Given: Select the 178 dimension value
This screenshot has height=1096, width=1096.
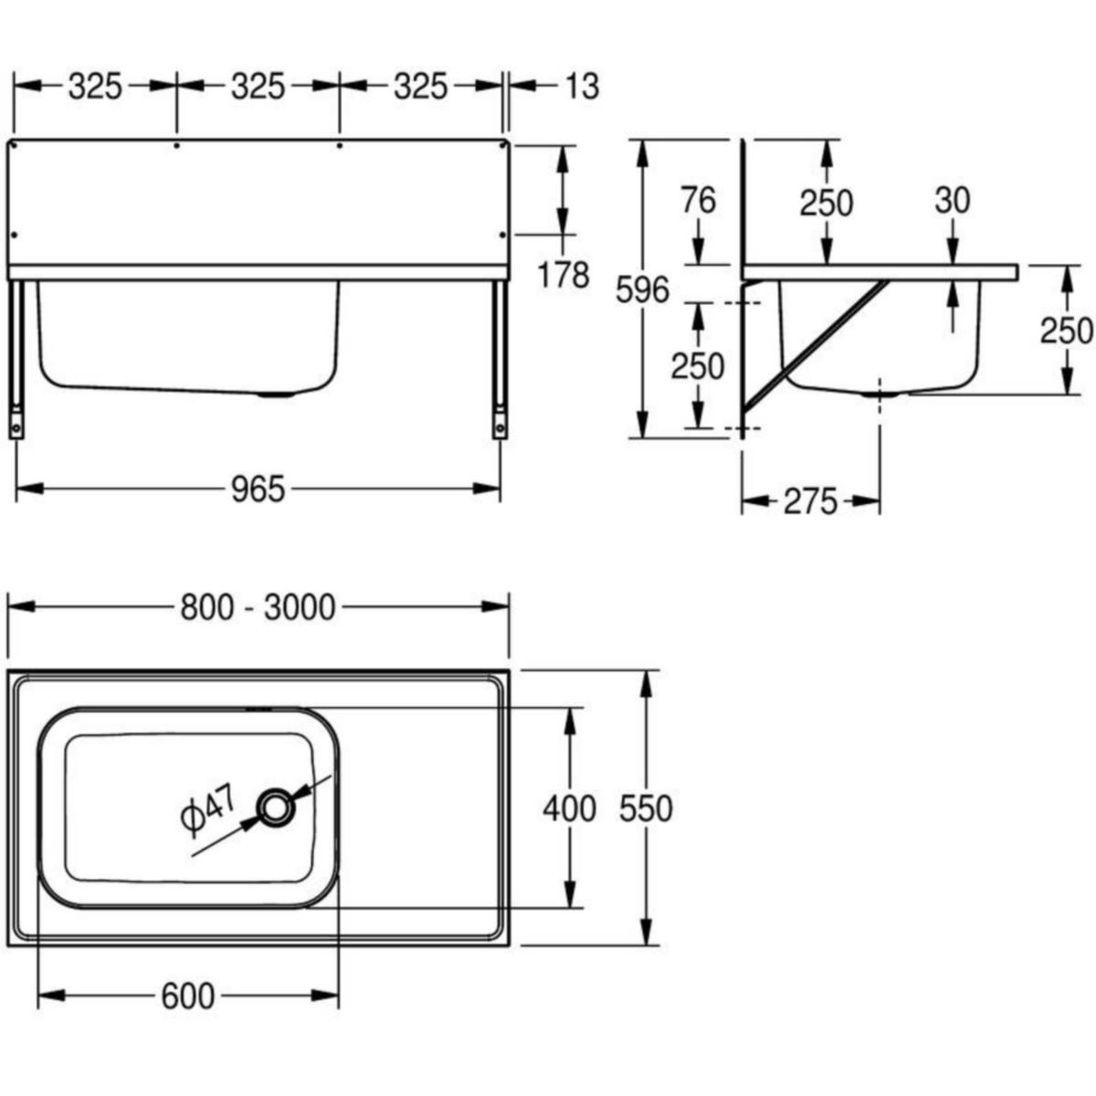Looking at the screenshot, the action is (x=564, y=275).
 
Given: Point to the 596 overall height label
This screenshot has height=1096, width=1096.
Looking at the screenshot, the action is (x=643, y=290).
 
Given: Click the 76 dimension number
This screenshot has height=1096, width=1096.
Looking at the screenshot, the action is (x=699, y=201).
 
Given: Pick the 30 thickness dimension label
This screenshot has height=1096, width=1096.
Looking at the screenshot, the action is (x=953, y=201).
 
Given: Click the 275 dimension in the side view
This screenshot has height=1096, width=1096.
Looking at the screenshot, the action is (x=810, y=501).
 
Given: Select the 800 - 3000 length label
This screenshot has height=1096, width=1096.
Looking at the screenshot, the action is (x=258, y=607).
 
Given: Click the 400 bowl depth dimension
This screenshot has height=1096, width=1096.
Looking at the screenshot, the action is (x=569, y=809).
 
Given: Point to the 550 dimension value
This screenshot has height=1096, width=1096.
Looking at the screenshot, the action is (x=646, y=809).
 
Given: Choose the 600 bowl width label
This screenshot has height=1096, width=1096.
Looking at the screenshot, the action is (x=188, y=996).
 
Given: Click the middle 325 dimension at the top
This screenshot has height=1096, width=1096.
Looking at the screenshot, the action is (x=258, y=87).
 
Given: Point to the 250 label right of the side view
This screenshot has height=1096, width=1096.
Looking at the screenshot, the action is (x=1067, y=331).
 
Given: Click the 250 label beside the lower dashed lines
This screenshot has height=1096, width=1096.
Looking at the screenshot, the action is (x=697, y=365).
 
